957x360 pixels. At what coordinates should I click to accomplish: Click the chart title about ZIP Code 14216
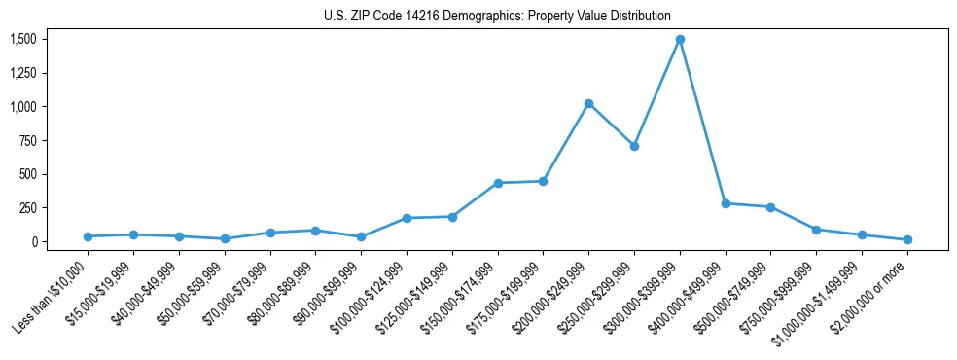pos(497,16)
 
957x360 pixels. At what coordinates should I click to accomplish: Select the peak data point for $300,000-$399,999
pos(680,40)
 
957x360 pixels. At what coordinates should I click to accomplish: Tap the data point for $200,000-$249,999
pos(588,103)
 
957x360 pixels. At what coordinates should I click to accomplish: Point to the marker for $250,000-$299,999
pos(634,146)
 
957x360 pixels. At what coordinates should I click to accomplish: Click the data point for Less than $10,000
pos(89,236)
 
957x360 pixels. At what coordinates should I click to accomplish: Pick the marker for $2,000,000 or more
pos(907,239)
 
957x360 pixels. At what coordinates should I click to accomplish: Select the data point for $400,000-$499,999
pos(726,203)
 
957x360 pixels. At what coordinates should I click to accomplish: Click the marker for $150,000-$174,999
pos(498,183)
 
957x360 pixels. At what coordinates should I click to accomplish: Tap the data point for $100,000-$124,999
pos(407,218)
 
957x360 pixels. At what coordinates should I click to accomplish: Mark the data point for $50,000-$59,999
pos(225,238)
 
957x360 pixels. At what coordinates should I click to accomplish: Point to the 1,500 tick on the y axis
pos(23,39)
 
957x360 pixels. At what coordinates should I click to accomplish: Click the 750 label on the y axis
pos(27,140)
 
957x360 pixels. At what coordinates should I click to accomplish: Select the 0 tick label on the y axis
pos(32,241)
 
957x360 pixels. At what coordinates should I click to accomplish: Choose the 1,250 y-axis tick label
pos(23,73)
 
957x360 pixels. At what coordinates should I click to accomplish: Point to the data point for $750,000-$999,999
pos(816,230)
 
